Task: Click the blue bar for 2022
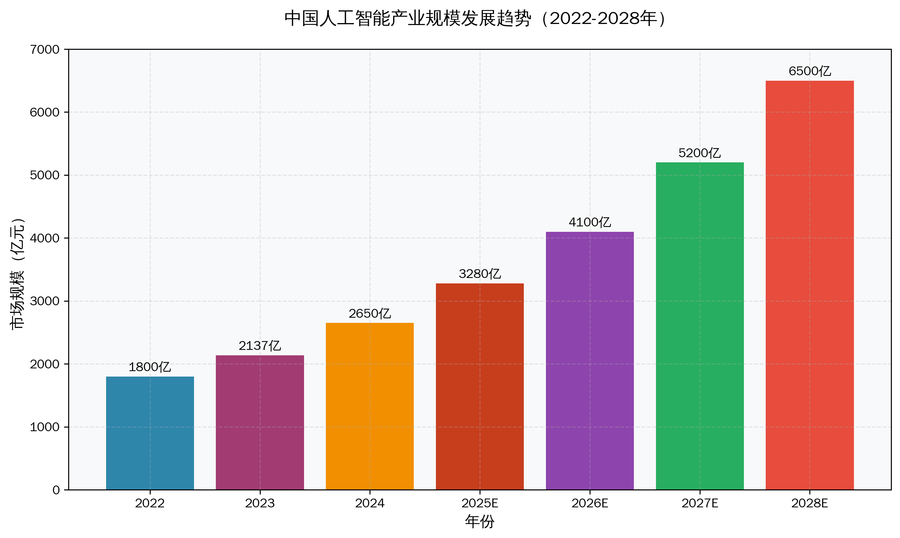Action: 150,433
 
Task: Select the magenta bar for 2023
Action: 260,422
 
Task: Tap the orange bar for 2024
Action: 370,406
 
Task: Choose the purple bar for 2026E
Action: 590,361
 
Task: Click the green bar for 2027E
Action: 700,326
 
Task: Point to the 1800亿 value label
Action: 150,367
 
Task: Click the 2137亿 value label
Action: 260,346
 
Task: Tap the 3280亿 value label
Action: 480,274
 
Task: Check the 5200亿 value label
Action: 700,153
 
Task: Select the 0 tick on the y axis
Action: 56,490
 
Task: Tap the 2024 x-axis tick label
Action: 370,503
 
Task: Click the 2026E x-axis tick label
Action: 590,503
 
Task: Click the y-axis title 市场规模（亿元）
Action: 17,274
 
